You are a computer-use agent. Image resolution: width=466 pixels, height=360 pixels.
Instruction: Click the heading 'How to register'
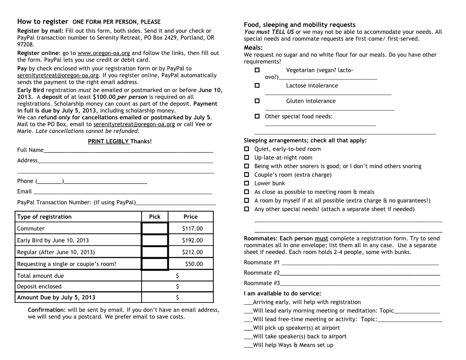[42, 21]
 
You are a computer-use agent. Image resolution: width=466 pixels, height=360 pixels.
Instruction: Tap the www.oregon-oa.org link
[104, 53]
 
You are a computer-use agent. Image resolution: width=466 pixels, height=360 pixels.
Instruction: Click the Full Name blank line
[128, 150]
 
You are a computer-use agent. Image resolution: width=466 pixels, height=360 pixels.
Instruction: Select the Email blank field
[123, 192]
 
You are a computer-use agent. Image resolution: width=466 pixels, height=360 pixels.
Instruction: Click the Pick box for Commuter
[154, 228]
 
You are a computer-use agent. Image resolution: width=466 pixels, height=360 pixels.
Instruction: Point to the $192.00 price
[192, 240]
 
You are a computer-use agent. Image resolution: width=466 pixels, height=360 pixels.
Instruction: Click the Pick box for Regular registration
[154, 252]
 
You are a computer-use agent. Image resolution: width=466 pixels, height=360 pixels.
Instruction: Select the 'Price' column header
[191, 217]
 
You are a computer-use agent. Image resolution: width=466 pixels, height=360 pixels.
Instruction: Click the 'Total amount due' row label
[41, 276]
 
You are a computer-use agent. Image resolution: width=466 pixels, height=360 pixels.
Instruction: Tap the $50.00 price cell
[194, 264]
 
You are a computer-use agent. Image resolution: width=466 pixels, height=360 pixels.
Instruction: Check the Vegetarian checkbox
[257, 70]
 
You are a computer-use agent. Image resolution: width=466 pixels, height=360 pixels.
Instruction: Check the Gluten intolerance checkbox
[257, 101]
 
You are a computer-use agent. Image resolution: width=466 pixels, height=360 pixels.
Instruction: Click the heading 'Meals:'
[253, 48]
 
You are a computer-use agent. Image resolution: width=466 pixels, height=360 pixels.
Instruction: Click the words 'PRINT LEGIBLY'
[109, 141]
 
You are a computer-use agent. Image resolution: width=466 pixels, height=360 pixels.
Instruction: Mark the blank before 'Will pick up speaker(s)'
[249, 328]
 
